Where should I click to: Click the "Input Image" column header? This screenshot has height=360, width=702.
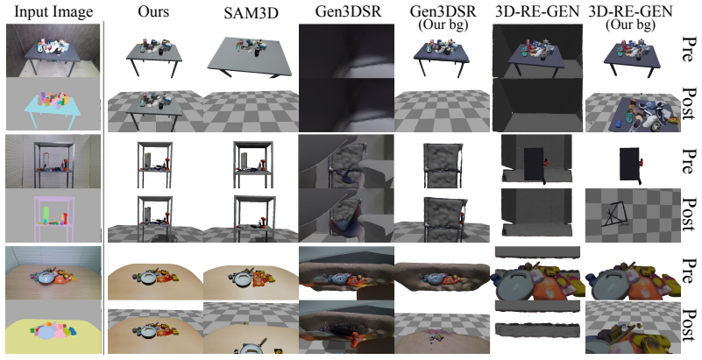tap(53, 12)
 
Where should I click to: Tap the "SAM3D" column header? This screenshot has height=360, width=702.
tap(251, 13)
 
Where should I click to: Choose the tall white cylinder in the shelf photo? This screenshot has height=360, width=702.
tap(46, 159)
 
